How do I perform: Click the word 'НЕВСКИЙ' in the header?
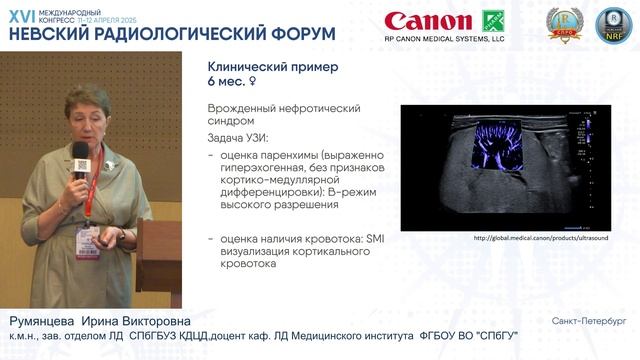[x=50, y=33]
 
